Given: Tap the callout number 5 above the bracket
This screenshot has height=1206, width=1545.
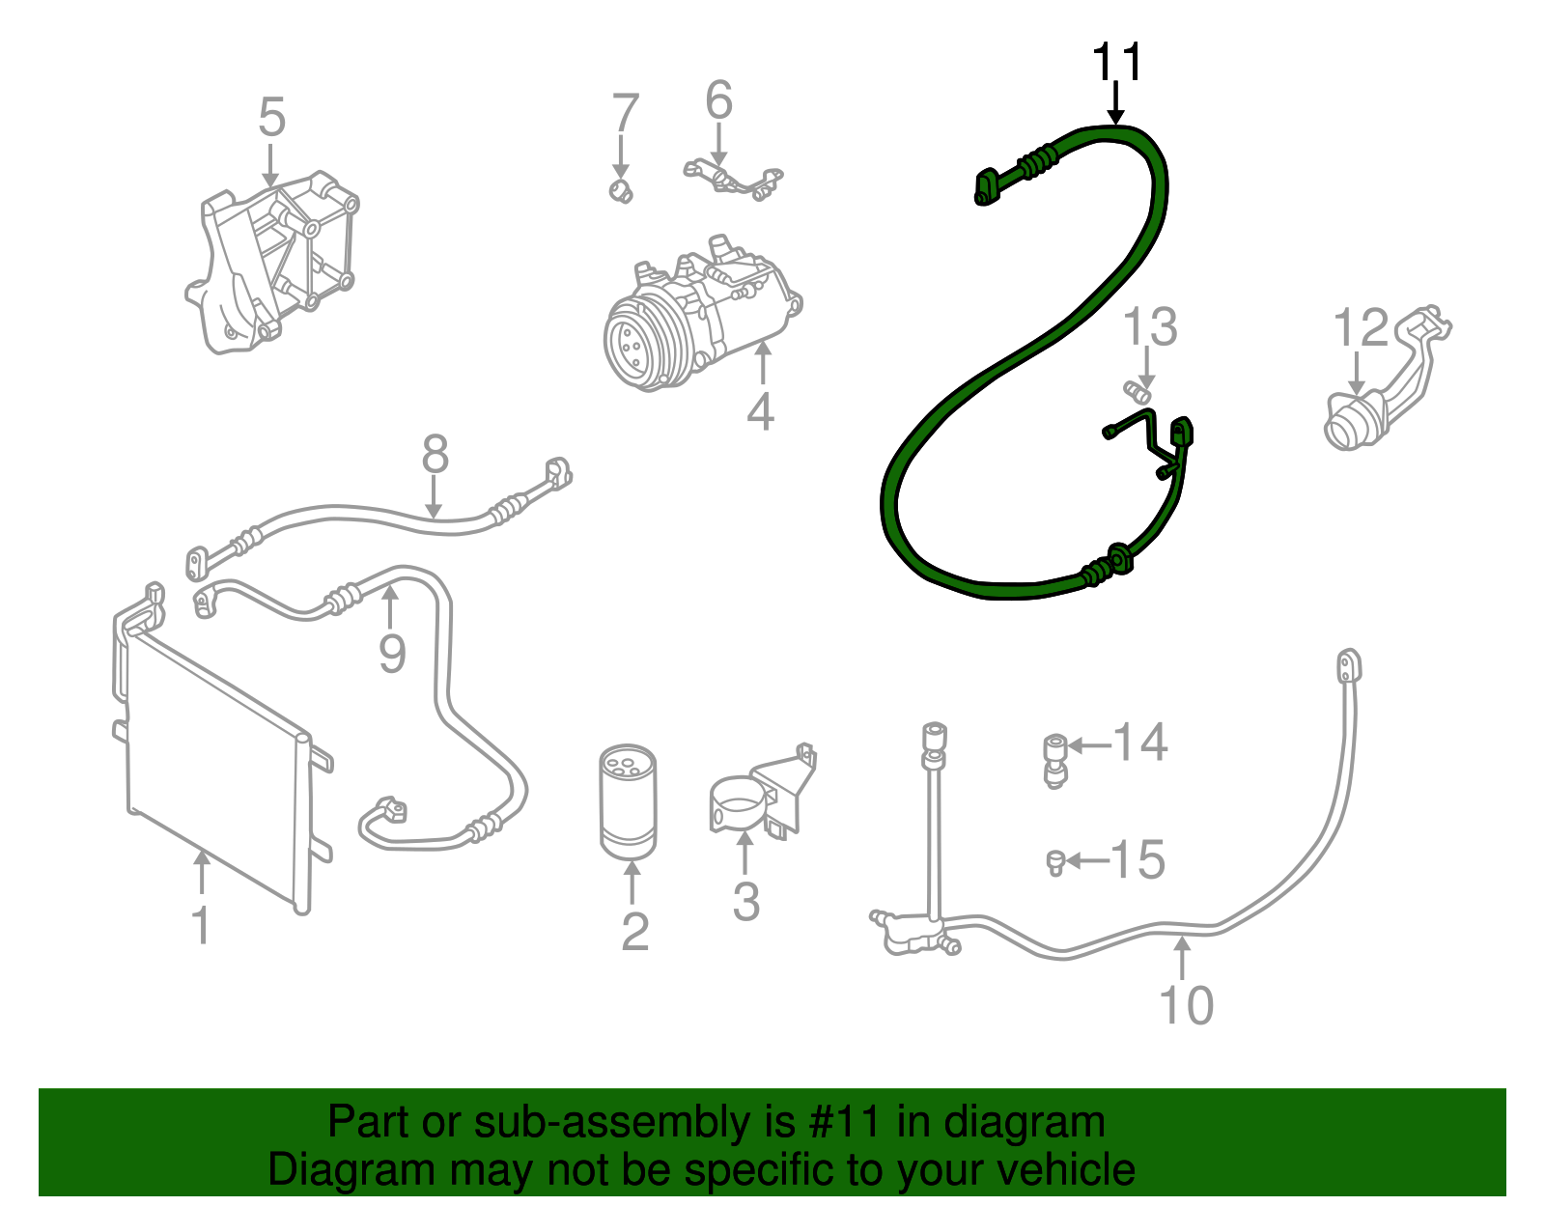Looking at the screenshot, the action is point(271,117).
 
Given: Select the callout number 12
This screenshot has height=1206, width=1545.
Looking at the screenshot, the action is point(1361,327).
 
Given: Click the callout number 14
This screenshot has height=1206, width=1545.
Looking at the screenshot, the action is point(1139,742).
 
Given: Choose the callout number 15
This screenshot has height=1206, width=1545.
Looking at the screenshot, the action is point(1138,859).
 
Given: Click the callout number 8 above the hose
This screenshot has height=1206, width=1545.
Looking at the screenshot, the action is point(435,454).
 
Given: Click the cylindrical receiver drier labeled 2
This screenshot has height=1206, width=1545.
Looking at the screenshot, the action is point(628,801).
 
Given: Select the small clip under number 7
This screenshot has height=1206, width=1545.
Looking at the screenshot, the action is point(622,190).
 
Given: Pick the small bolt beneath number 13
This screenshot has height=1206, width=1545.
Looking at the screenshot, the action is point(1137,392).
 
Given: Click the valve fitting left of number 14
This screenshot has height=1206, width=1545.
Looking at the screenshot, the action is point(1055,761).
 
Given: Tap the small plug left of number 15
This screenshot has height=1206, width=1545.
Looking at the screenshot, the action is point(1055,863).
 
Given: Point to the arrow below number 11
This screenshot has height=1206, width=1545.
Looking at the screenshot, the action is point(1116,103).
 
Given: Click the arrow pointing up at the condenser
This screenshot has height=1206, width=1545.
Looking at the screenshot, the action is point(203,873).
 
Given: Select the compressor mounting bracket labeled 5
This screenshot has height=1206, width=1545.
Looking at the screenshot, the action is point(272,263).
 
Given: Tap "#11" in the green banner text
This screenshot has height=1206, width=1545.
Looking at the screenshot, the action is point(845,1122).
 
